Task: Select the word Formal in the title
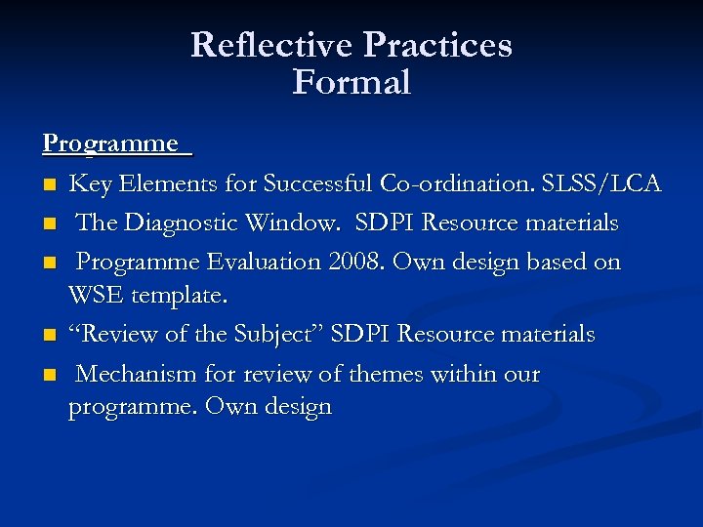[351, 82]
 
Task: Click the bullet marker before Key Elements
[49, 184]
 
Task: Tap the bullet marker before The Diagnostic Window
[49, 223]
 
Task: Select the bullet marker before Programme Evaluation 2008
[49, 263]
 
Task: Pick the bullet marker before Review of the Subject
[49, 336]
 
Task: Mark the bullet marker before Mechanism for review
[49, 376]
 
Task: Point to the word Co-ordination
[456, 183]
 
